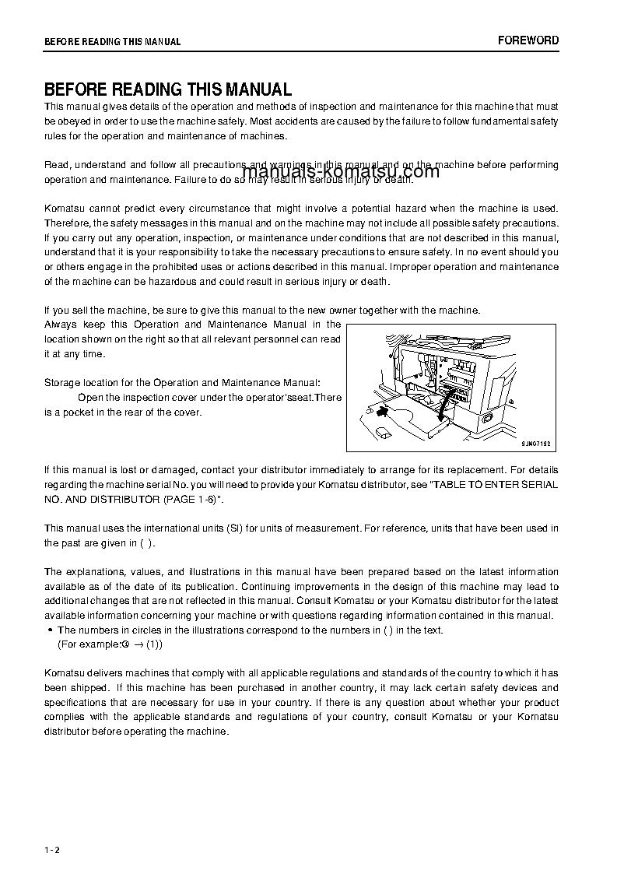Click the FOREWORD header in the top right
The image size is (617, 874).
528,40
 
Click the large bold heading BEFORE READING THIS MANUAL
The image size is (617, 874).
168,90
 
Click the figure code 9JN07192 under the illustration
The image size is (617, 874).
535,443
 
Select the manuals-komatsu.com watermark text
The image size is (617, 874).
341,172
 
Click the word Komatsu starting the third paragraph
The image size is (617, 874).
66,209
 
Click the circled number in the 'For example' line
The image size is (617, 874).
124,644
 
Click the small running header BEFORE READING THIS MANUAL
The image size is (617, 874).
112,42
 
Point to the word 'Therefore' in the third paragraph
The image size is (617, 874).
67,223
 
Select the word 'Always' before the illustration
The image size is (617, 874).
60,324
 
